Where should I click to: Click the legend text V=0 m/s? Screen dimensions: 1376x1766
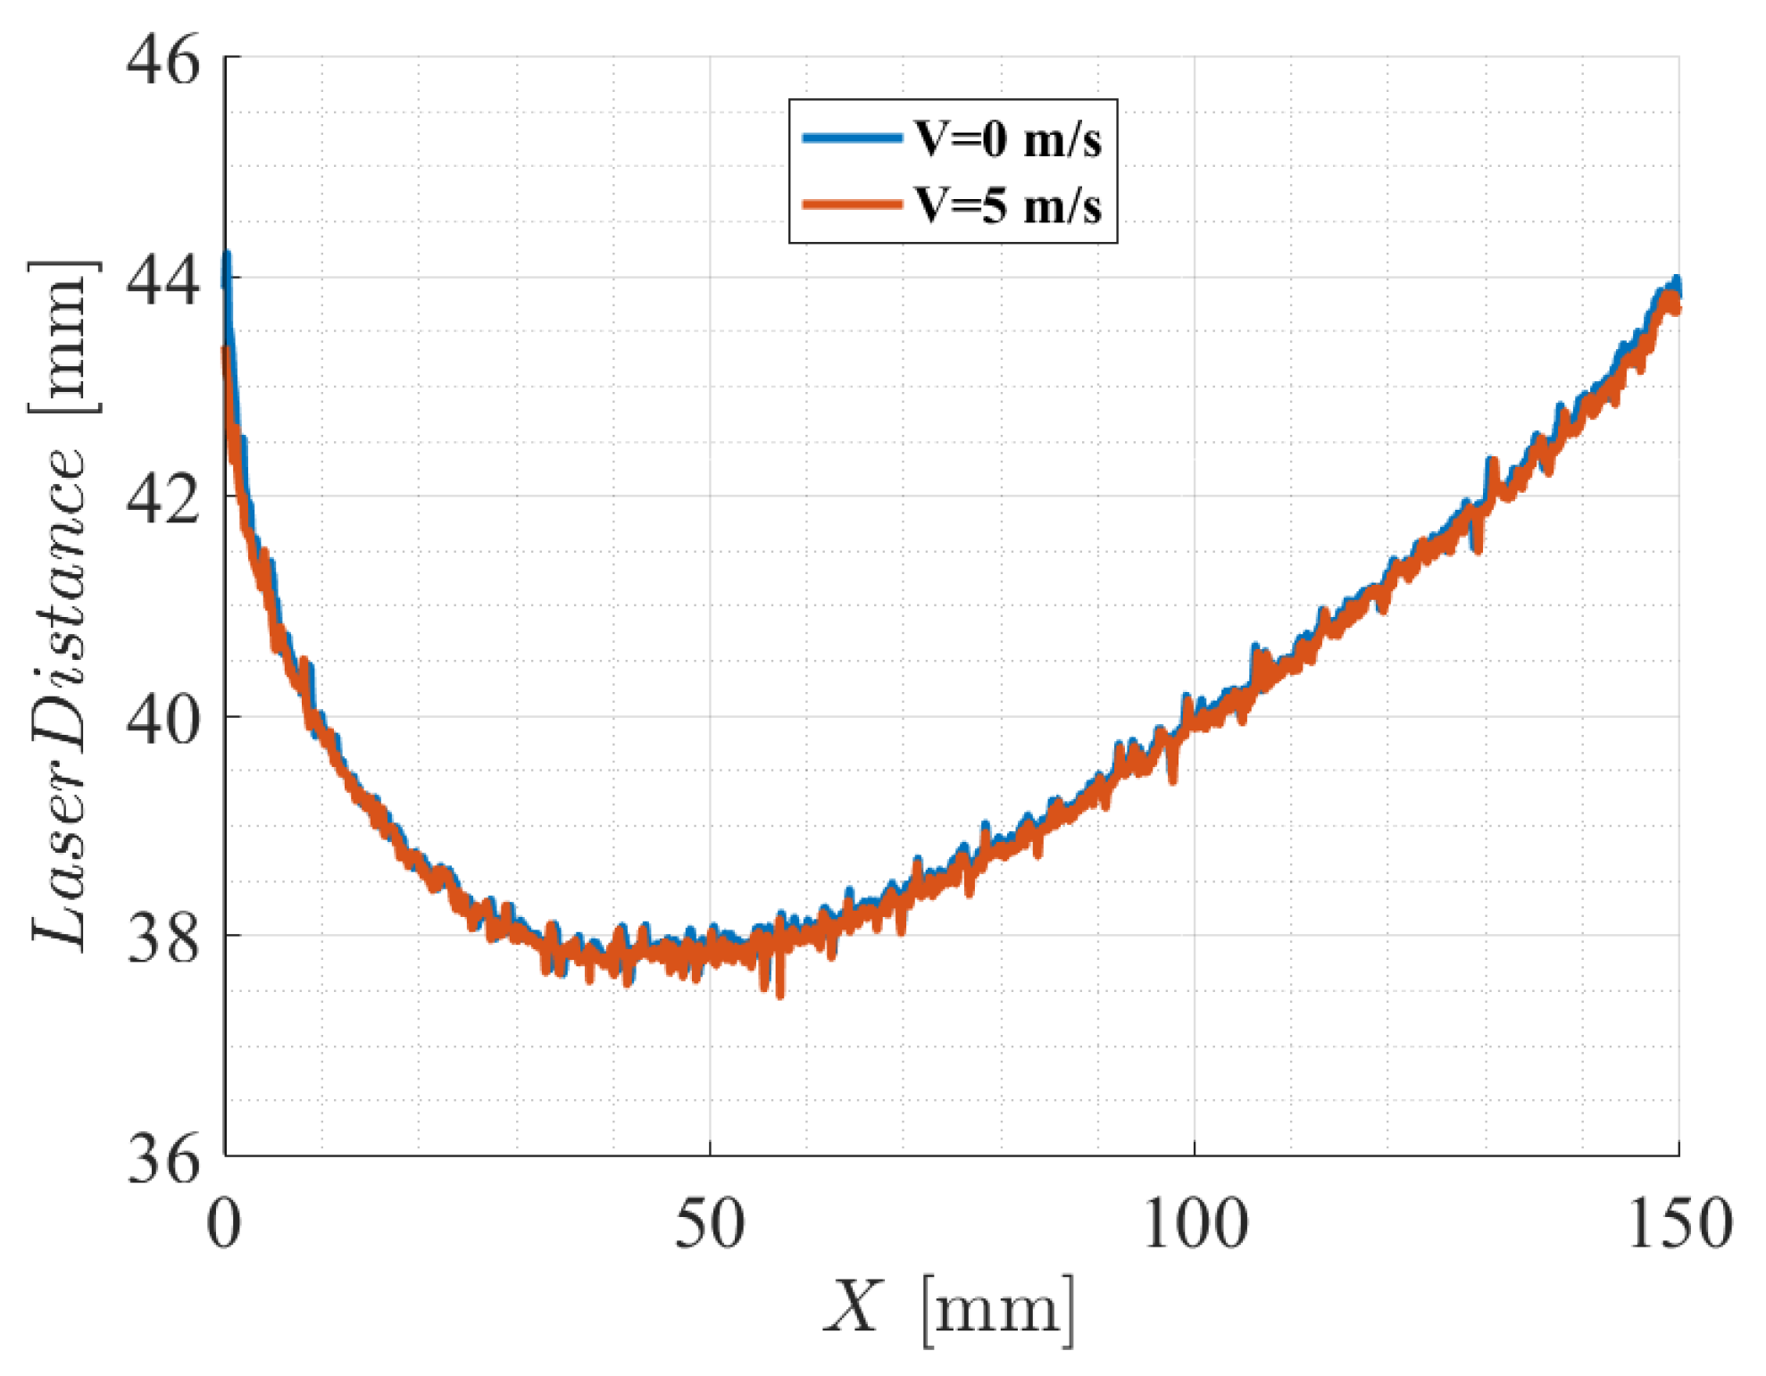[1007, 139]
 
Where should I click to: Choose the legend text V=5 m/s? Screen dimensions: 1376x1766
[1007, 205]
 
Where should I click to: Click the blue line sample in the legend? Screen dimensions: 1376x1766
[852, 138]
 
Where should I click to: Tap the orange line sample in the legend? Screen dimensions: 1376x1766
[852, 204]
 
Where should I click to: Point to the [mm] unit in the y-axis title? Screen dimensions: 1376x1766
[62, 338]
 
